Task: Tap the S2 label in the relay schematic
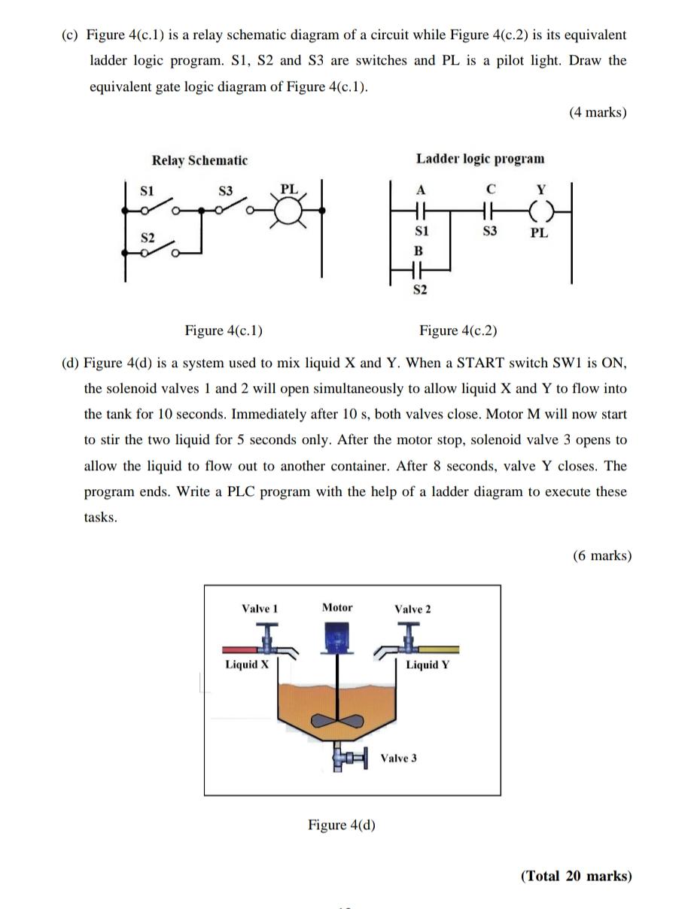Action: tap(148, 238)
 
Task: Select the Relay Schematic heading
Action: tap(199, 160)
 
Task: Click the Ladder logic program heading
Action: tap(479, 159)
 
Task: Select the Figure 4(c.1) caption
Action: tap(224, 330)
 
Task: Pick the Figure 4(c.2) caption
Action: tap(458, 330)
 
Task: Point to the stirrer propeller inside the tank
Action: tap(338, 720)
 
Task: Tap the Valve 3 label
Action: tap(398, 758)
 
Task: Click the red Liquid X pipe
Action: tap(239, 649)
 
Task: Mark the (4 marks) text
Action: tap(598, 112)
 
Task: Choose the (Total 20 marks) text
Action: tap(576, 876)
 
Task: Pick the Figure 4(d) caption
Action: tap(341, 825)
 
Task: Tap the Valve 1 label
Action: tap(260, 608)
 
